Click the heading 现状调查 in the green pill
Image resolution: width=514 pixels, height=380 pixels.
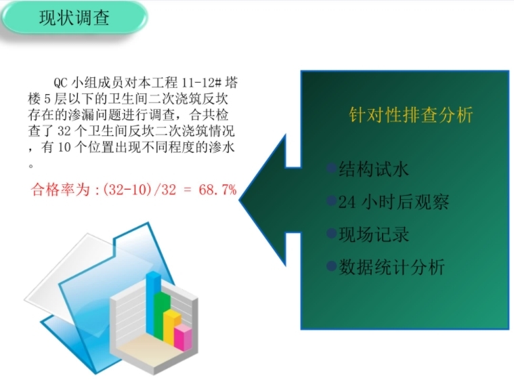click(74, 18)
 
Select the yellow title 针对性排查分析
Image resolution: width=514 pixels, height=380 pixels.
click(411, 114)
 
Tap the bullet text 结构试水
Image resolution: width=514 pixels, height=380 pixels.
click(374, 169)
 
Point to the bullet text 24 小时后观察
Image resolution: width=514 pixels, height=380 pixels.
click(393, 202)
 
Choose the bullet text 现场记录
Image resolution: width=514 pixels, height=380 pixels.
click(374, 234)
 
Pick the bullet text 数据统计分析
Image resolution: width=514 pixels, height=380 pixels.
click(391, 267)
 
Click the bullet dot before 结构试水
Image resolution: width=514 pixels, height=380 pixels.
click(332, 168)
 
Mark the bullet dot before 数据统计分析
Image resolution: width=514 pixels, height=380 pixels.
click(332, 266)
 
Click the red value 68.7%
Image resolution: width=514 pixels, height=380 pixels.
click(217, 190)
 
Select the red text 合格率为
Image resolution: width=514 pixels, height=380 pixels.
click(60, 190)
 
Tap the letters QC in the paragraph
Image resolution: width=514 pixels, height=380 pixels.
click(60, 83)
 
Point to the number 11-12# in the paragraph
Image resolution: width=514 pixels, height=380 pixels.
click(202, 82)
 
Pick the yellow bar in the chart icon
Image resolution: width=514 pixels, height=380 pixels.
click(172, 328)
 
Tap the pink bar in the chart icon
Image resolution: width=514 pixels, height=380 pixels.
click(183, 338)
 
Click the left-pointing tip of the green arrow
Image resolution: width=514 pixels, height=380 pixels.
click(240, 199)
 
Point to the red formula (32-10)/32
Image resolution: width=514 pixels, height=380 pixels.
click(140, 190)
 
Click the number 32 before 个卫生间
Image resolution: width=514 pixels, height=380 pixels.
click(64, 131)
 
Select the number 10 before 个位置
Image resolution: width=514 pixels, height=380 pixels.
click(64, 147)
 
